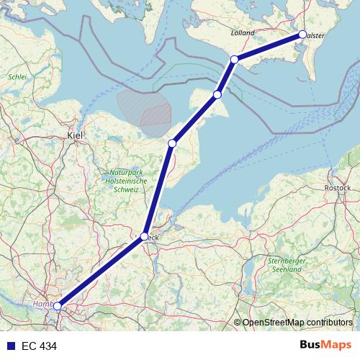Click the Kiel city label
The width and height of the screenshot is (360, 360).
[x=75, y=135]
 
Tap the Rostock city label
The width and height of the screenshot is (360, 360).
[x=338, y=188]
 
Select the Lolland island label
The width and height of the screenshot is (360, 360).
[x=244, y=33]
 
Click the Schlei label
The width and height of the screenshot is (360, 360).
[x=17, y=76]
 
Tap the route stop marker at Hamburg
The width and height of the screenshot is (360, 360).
[x=58, y=306]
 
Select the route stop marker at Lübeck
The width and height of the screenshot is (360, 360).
[x=145, y=236]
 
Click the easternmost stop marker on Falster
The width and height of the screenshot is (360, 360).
[x=302, y=35]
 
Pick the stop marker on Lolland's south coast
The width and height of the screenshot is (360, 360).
[x=234, y=59]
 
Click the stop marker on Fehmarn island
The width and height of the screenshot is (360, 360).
[x=217, y=94]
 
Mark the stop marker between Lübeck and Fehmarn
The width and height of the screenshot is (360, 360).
[x=172, y=144]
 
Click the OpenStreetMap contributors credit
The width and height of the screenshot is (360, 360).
[x=297, y=322]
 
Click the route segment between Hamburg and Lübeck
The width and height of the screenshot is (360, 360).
[x=101, y=271]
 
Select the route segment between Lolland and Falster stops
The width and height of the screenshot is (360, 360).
[x=268, y=47]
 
